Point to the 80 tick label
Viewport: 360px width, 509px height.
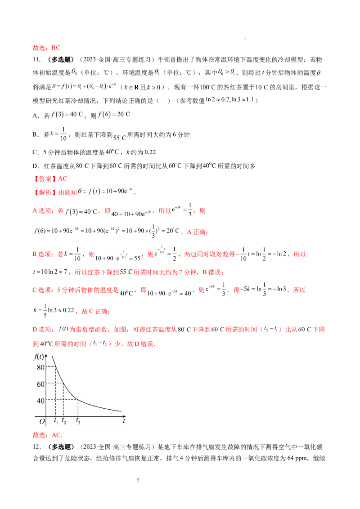coord(40,367)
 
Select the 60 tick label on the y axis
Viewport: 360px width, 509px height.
coord(40,384)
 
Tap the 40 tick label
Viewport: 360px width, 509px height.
coord(40,401)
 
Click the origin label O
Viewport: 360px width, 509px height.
coord(42,422)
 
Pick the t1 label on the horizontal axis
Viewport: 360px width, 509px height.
coord(56,421)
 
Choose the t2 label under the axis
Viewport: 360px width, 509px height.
coord(63,421)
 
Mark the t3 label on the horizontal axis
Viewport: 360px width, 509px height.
coord(78,421)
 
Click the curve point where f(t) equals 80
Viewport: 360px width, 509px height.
coord(55,367)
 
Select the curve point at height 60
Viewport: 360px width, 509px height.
coord(63,384)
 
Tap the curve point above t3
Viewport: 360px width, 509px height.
coord(78,400)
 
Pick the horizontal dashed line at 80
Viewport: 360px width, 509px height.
coord(51,367)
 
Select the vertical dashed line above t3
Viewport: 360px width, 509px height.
coord(78,408)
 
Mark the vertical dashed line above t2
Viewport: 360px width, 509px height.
coord(63,400)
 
